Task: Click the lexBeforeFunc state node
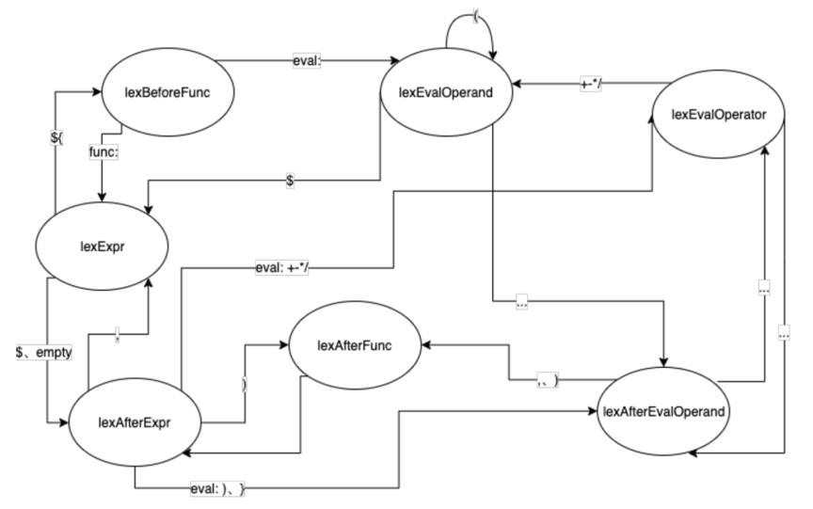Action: click(x=167, y=92)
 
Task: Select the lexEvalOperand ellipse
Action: click(x=440, y=91)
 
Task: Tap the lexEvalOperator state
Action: click(x=718, y=114)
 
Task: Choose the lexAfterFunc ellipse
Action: click(x=354, y=345)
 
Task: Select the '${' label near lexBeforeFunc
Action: click(x=57, y=137)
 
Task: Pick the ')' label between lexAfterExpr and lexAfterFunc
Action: click(x=245, y=385)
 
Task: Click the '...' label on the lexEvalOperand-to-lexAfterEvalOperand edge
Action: click(x=521, y=303)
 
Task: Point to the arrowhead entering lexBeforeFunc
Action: click(x=95, y=92)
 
